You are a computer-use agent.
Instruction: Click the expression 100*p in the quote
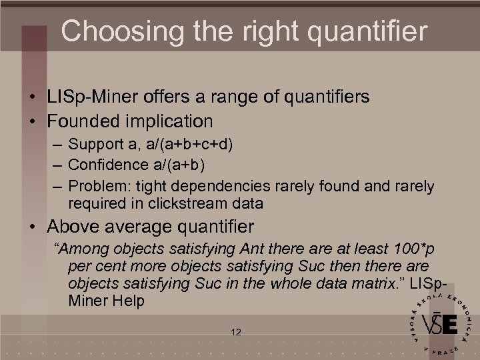pyautogui.click(x=411, y=250)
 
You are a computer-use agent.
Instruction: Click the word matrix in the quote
pyautogui.click(x=379, y=284)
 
